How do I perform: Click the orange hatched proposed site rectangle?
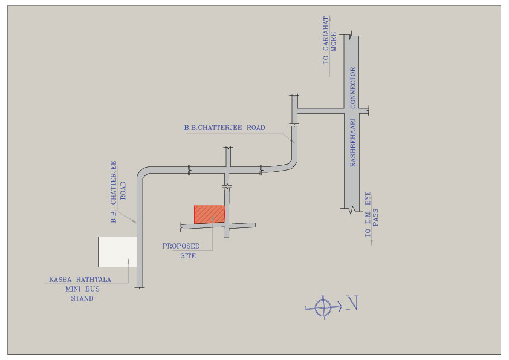(209, 214)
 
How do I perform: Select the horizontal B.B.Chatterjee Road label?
(224, 128)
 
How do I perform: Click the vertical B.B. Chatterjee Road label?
(117, 192)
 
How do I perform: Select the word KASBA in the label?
(60, 280)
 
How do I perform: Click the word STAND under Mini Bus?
(82, 298)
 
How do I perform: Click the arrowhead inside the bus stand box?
(129, 261)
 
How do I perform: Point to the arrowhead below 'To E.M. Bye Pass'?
(371, 242)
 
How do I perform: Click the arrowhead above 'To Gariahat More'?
(329, 18)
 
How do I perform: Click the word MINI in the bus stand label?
(73, 289)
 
